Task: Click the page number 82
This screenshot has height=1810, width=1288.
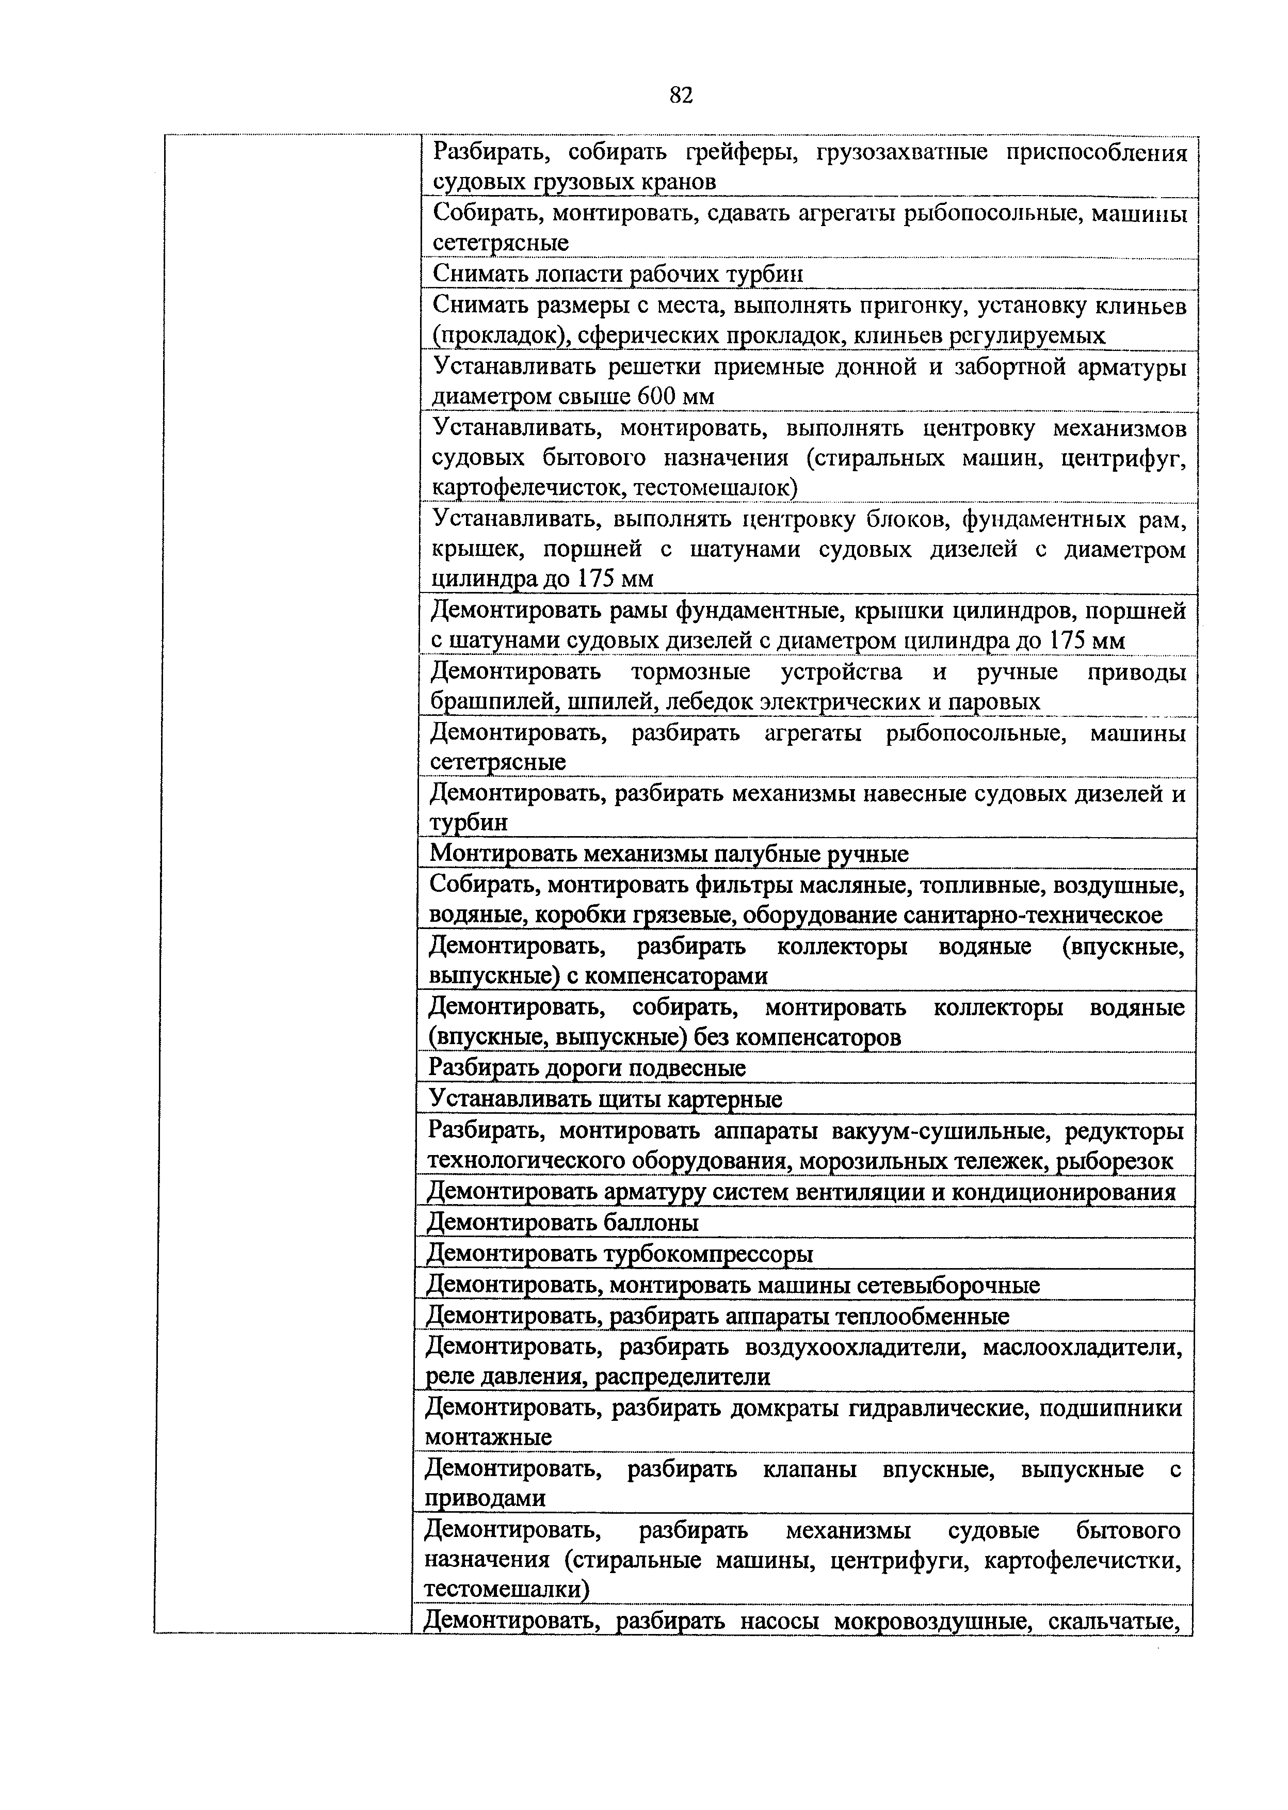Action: click(x=681, y=96)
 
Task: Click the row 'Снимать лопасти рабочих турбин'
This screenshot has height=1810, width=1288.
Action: click(x=618, y=275)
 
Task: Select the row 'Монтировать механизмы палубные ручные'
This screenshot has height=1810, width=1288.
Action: click(x=669, y=854)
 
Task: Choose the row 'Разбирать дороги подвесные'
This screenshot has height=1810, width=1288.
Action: click(x=587, y=1068)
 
